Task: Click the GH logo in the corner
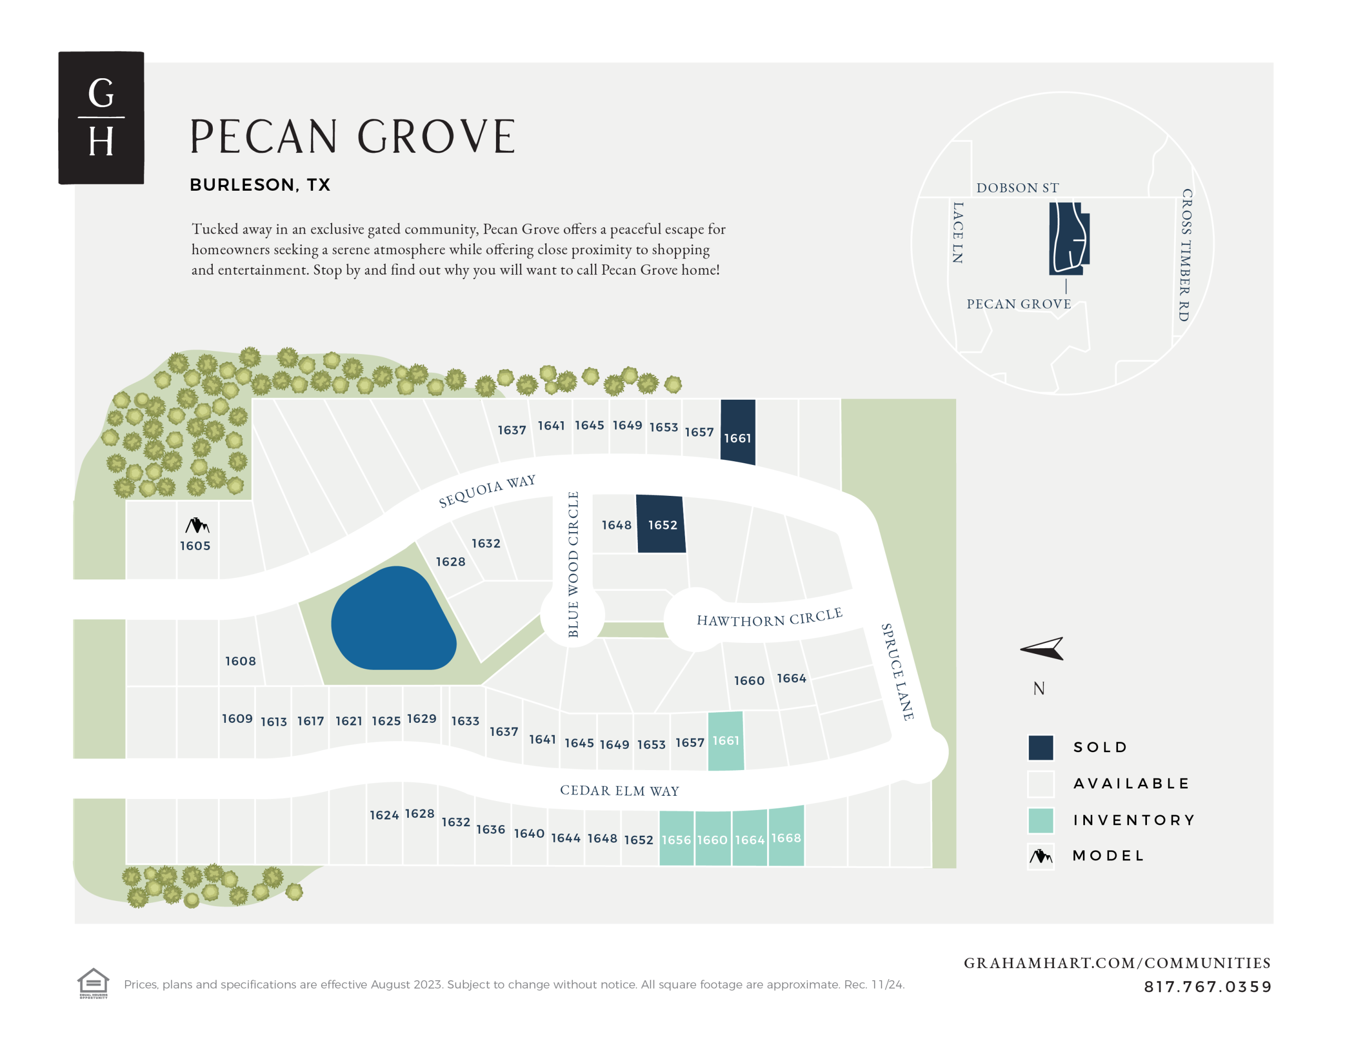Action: pos(101,117)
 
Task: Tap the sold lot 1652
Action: pos(661,524)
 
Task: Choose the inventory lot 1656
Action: pos(676,839)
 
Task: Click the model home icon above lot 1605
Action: pos(197,525)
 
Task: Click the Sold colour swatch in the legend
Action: pos(1041,747)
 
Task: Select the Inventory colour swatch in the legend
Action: pos(1041,820)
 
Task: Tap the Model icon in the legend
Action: pos(1041,856)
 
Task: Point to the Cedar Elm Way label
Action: pos(619,790)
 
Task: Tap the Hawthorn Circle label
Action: pos(769,618)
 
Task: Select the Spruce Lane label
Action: pos(897,671)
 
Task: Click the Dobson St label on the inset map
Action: pos(1017,188)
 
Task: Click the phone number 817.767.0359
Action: pos(1207,986)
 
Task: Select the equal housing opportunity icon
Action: pos(93,983)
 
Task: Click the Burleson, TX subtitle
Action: pos(260,185)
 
